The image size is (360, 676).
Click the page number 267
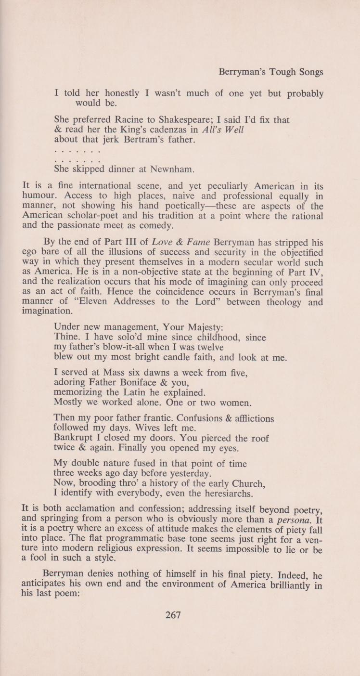173,615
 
